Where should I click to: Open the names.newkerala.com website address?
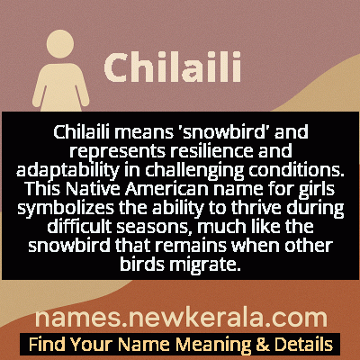[180, 318]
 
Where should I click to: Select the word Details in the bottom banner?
[303, 345]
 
